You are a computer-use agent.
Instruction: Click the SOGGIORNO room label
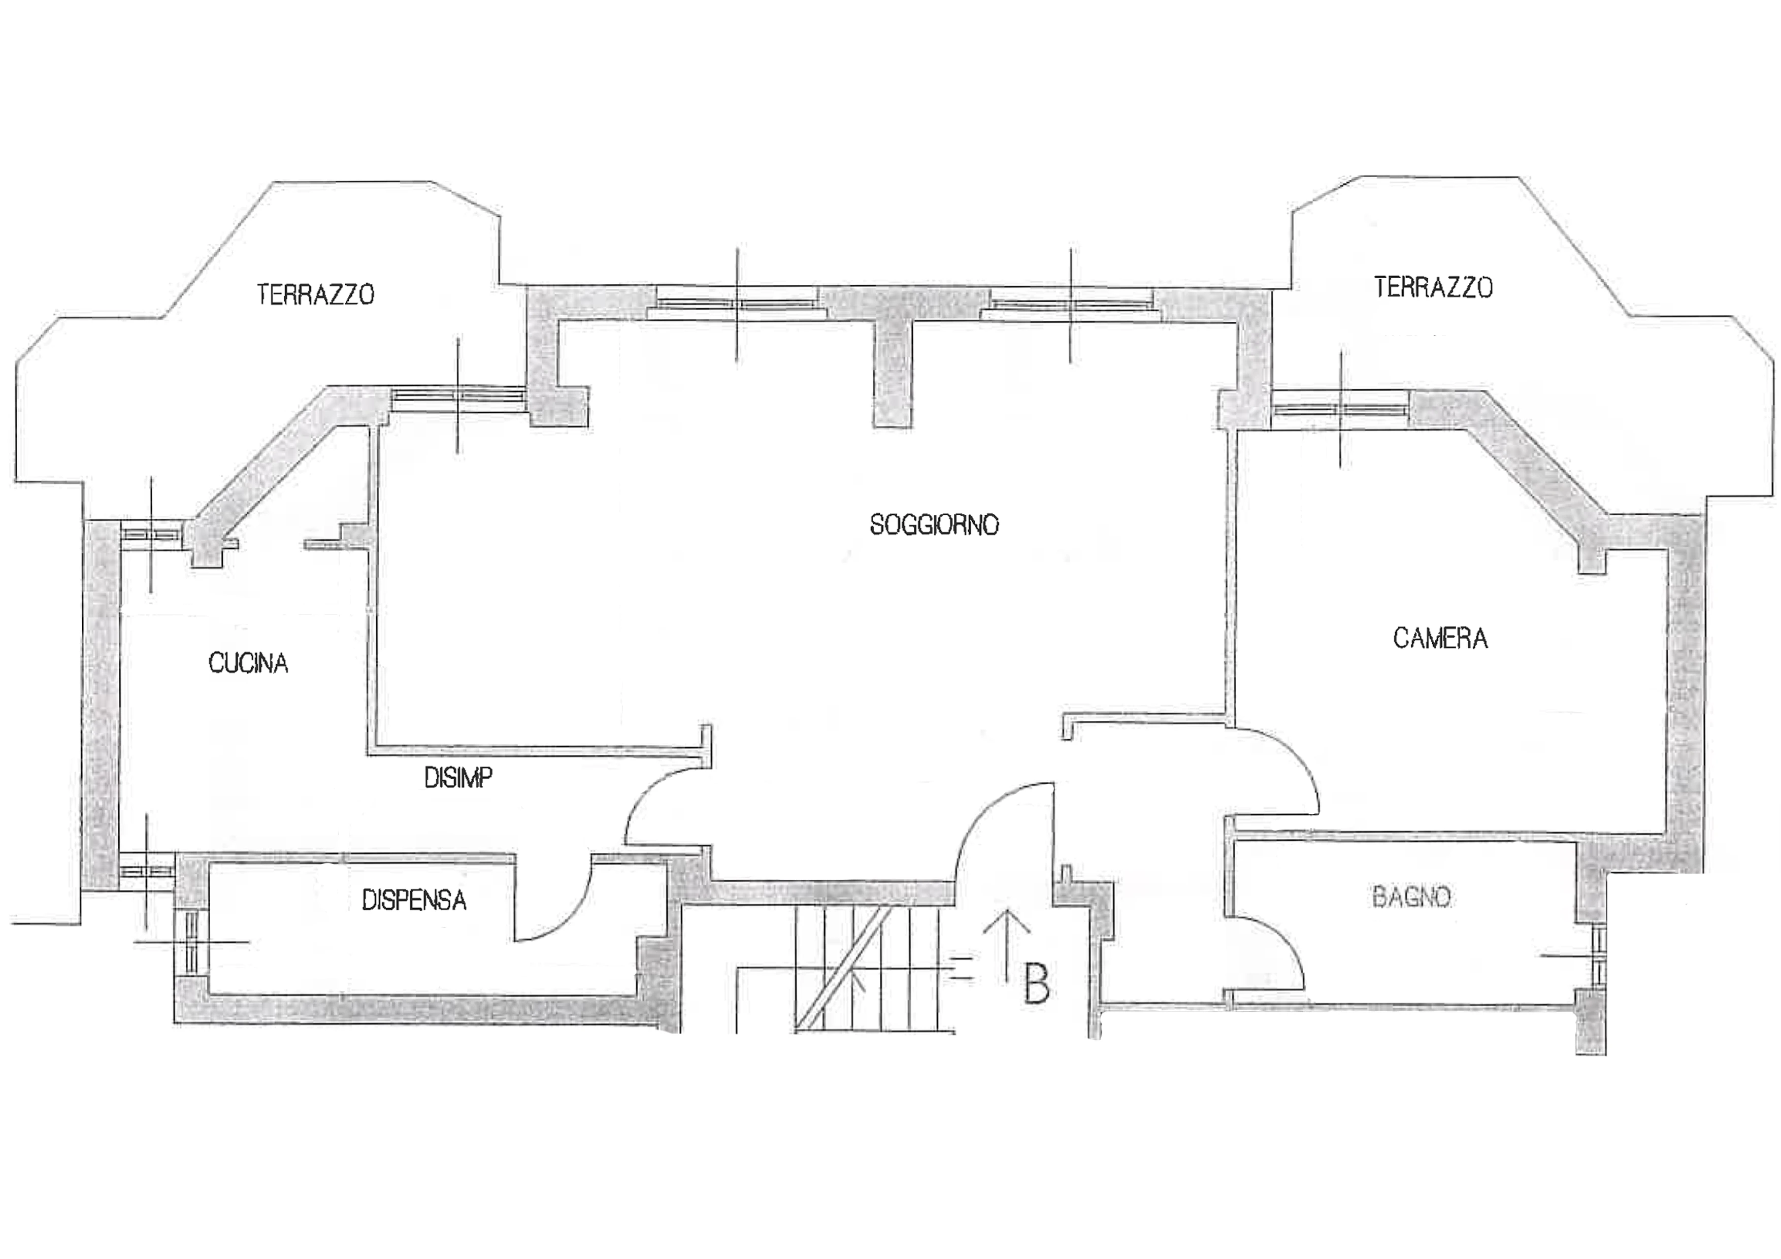[934, 525]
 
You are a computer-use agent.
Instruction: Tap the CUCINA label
[248, 662]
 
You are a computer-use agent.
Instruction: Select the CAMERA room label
[1440, 639]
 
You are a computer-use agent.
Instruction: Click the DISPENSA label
[414, 900]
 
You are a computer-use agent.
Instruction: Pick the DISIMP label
[457, 777]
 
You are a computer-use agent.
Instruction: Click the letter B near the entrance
[1036, 984]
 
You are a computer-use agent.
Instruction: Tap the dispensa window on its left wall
[191, 942]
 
